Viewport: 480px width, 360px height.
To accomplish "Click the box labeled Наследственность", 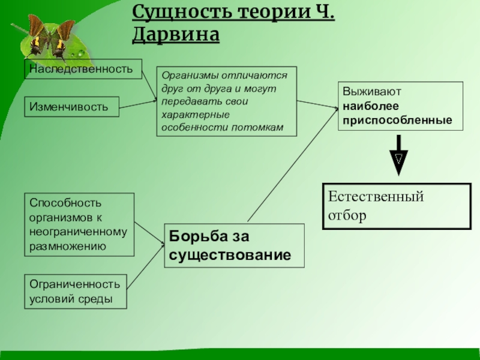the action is point(83,69).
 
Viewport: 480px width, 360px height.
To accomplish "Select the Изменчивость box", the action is point(71,107).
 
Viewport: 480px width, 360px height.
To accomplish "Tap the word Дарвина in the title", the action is point(175,35).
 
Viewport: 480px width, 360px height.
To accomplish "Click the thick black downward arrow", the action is point(398,155).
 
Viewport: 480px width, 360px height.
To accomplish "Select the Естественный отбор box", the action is point(397,206).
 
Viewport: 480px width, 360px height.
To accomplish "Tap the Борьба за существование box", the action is point(234,245).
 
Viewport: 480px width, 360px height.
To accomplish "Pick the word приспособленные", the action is point(397,120).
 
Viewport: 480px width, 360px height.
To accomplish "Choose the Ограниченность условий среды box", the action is point(76,291).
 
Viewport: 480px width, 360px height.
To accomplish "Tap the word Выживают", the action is point(372,94).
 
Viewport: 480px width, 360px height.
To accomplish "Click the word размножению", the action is point(68,245).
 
